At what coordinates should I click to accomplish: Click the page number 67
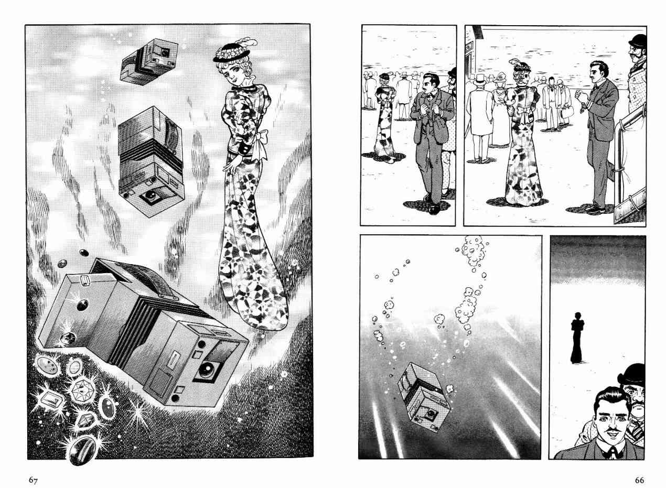coord(33,480)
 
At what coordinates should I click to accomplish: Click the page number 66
coord(639,480)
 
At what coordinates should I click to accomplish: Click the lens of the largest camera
coord(205,370)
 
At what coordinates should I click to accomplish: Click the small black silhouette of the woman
coord(577,338)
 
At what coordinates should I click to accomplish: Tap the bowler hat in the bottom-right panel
coord(632,376)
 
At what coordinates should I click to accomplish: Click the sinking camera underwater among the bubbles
coord(424,397)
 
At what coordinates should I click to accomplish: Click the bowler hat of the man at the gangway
coord(638,40)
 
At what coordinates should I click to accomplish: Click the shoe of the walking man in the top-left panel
coord(434,209)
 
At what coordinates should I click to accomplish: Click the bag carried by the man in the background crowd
coord(567,112)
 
